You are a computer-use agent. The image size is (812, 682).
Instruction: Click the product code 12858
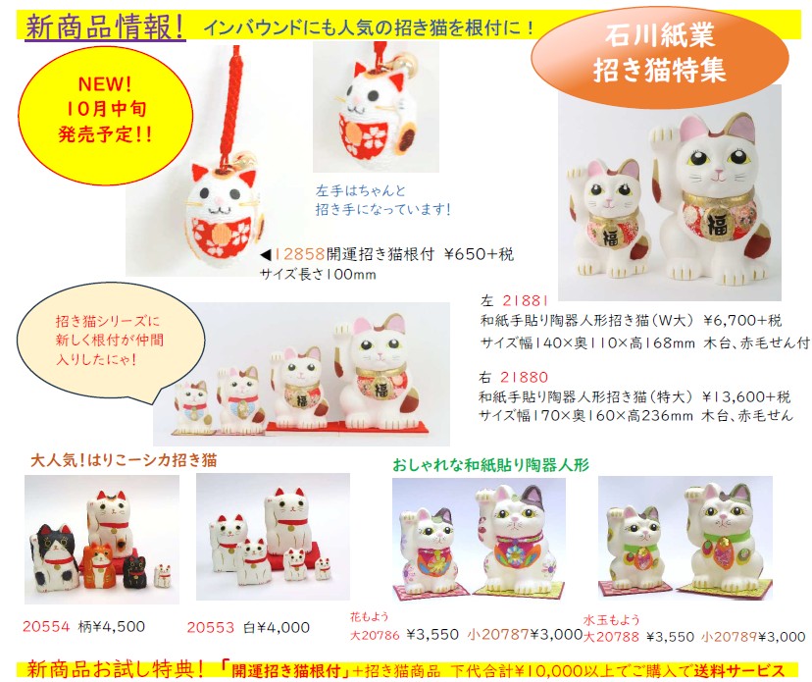click(299, 254)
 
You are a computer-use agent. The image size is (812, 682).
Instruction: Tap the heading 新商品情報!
click(106, 26)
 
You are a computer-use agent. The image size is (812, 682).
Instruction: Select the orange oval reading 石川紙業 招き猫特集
click(659, 53)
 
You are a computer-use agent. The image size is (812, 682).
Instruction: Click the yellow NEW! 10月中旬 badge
click(105, 109)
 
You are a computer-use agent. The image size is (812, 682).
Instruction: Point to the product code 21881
click(525, 300)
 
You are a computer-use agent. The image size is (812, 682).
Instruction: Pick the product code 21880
click(524, 377)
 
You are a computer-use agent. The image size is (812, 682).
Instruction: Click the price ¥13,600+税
click(746, 397)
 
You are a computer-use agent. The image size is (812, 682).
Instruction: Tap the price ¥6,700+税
click(742, 320)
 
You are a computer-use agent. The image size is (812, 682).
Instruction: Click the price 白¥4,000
click(277, 627)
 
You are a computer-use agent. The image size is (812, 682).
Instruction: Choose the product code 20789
click(736, 636)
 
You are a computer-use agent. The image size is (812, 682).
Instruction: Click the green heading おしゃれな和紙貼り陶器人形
click(490, 465)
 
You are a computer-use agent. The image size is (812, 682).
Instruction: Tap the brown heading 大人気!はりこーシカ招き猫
click(124, 460)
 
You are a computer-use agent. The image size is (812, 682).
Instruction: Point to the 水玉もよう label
click(612, 619)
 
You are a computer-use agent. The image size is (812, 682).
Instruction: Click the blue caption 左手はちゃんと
click(361, 190)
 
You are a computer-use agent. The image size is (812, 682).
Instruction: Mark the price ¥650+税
click(479, 254)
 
